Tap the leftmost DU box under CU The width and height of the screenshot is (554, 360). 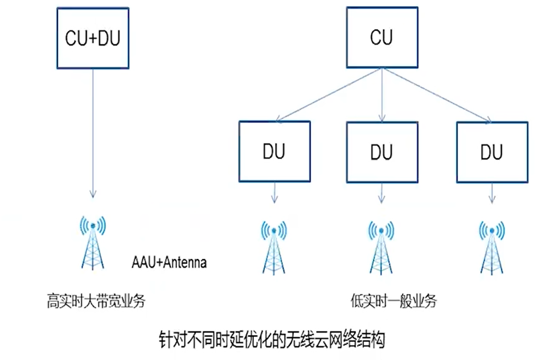tap(274, 152)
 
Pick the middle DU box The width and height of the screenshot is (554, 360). tap(381, 152)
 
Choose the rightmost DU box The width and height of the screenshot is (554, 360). tap(491, 152)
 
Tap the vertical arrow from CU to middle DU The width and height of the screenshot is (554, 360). tap(381, 94)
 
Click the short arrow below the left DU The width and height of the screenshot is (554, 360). tap(274, 193)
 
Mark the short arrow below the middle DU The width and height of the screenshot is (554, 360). tap(381, 193)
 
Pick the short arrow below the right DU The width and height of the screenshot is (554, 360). tap(491, 193)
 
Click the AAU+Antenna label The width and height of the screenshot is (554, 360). tap(169, 263)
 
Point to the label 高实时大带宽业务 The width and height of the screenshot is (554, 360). tap(96, 300)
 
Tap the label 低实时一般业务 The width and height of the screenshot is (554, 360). tap(394, 300)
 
